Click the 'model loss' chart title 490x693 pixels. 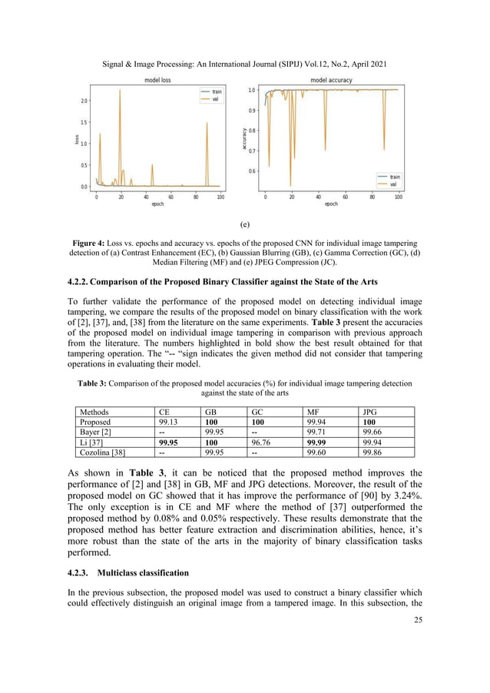pyautogui.click(x=157, y=79)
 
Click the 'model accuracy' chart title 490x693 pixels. pyautogui.click(x=331, y=79)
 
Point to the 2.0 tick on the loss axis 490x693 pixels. pyautogui.click(x=84, y=101)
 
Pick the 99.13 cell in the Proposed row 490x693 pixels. pyautogui.click(x=170, y=422)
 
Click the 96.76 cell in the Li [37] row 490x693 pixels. pyautogui.click(x=263, y=442)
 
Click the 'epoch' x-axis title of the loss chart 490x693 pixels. pyautogui.click(x=157, y=204)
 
